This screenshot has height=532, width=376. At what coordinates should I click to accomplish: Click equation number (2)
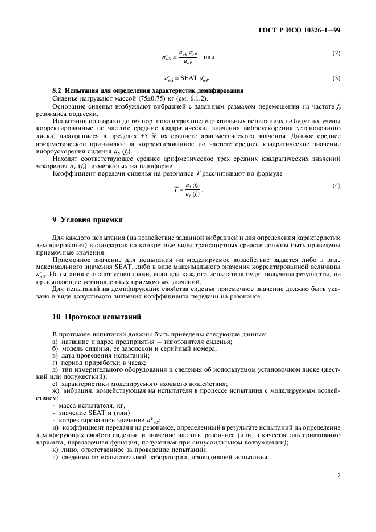[336, 53]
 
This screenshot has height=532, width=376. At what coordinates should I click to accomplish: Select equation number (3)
[336, 77]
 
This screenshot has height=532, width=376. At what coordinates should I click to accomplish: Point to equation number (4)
[336, 186]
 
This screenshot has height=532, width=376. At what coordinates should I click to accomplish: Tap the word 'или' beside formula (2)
[209, 57]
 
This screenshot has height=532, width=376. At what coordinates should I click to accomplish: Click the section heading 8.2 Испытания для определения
[148, 90]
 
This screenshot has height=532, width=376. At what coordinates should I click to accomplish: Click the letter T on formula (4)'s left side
[176, 190]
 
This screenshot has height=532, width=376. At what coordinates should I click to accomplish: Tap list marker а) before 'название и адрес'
[55, 341]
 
